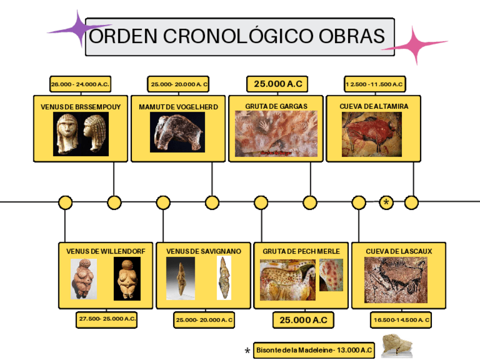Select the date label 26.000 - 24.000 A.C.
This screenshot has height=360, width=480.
[80, 84]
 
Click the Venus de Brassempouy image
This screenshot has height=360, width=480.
[80, 134]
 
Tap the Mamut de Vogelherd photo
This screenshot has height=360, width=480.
[177, 132]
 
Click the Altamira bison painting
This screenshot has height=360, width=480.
[371, 134]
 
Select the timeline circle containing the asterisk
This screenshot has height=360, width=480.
[387, 202]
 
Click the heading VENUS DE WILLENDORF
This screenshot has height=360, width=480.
[106, 251]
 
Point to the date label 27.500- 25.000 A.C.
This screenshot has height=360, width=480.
[107, 319]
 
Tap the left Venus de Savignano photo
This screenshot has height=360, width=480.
[181, 278]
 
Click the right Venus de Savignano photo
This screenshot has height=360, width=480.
[224, 278]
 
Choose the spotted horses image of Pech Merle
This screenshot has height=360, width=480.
[288, 280]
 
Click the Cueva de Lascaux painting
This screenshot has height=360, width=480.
[396, 280]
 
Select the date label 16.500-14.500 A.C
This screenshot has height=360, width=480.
[401, 320]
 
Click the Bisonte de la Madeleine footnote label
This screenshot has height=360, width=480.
[314, 350]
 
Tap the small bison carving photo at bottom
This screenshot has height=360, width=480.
[396, 346]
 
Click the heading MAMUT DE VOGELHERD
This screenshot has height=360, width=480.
[178, 106]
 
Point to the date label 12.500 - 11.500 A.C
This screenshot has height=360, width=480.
[374, 84]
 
